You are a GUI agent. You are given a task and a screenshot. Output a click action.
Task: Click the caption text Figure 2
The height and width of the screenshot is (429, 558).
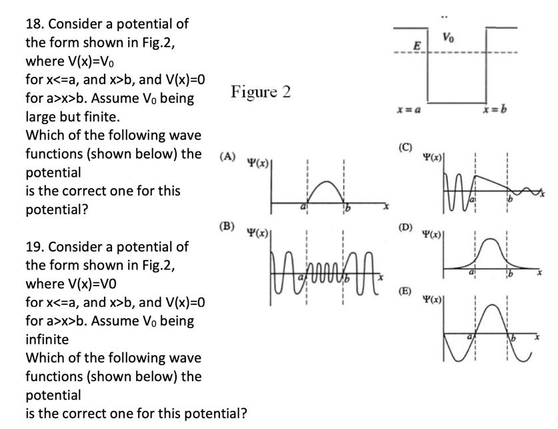click(x=261, y=91)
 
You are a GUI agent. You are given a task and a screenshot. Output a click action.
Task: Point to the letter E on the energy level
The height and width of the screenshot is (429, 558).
click(x=417, y=46)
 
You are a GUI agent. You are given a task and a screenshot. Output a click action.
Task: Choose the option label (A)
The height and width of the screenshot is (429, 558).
click(x=227, y=156)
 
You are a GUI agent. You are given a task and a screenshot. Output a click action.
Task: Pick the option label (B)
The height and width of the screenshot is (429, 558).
click(x=227, y=226)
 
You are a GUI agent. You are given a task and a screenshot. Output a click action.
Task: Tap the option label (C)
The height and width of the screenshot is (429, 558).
click(x=405, y=147)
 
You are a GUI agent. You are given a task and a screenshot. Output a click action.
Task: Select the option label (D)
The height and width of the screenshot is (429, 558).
click(x=405, y=228)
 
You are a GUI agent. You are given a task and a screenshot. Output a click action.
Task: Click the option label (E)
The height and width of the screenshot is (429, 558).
click(x=405, y=291)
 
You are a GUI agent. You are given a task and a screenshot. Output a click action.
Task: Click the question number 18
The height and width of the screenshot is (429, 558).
click(x=33, y=24)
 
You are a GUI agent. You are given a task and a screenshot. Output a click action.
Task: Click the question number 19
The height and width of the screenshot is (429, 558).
click(x=33, y=247)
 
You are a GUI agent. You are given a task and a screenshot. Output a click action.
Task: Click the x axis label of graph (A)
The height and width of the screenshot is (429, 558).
click(x=385, y=209)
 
